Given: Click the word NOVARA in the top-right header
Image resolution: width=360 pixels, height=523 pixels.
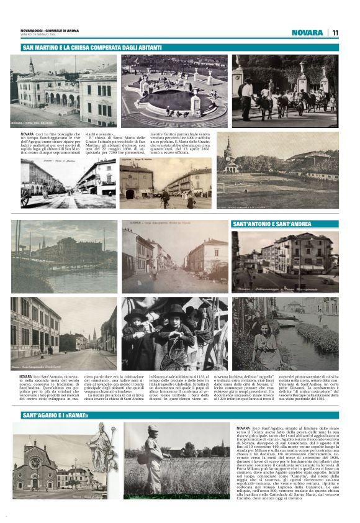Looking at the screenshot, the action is click(307, 32).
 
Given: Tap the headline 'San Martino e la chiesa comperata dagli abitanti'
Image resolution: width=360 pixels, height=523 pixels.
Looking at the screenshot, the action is click(92, 48).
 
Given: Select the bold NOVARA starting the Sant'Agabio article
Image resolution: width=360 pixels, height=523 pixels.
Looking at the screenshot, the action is click(243, 429).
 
